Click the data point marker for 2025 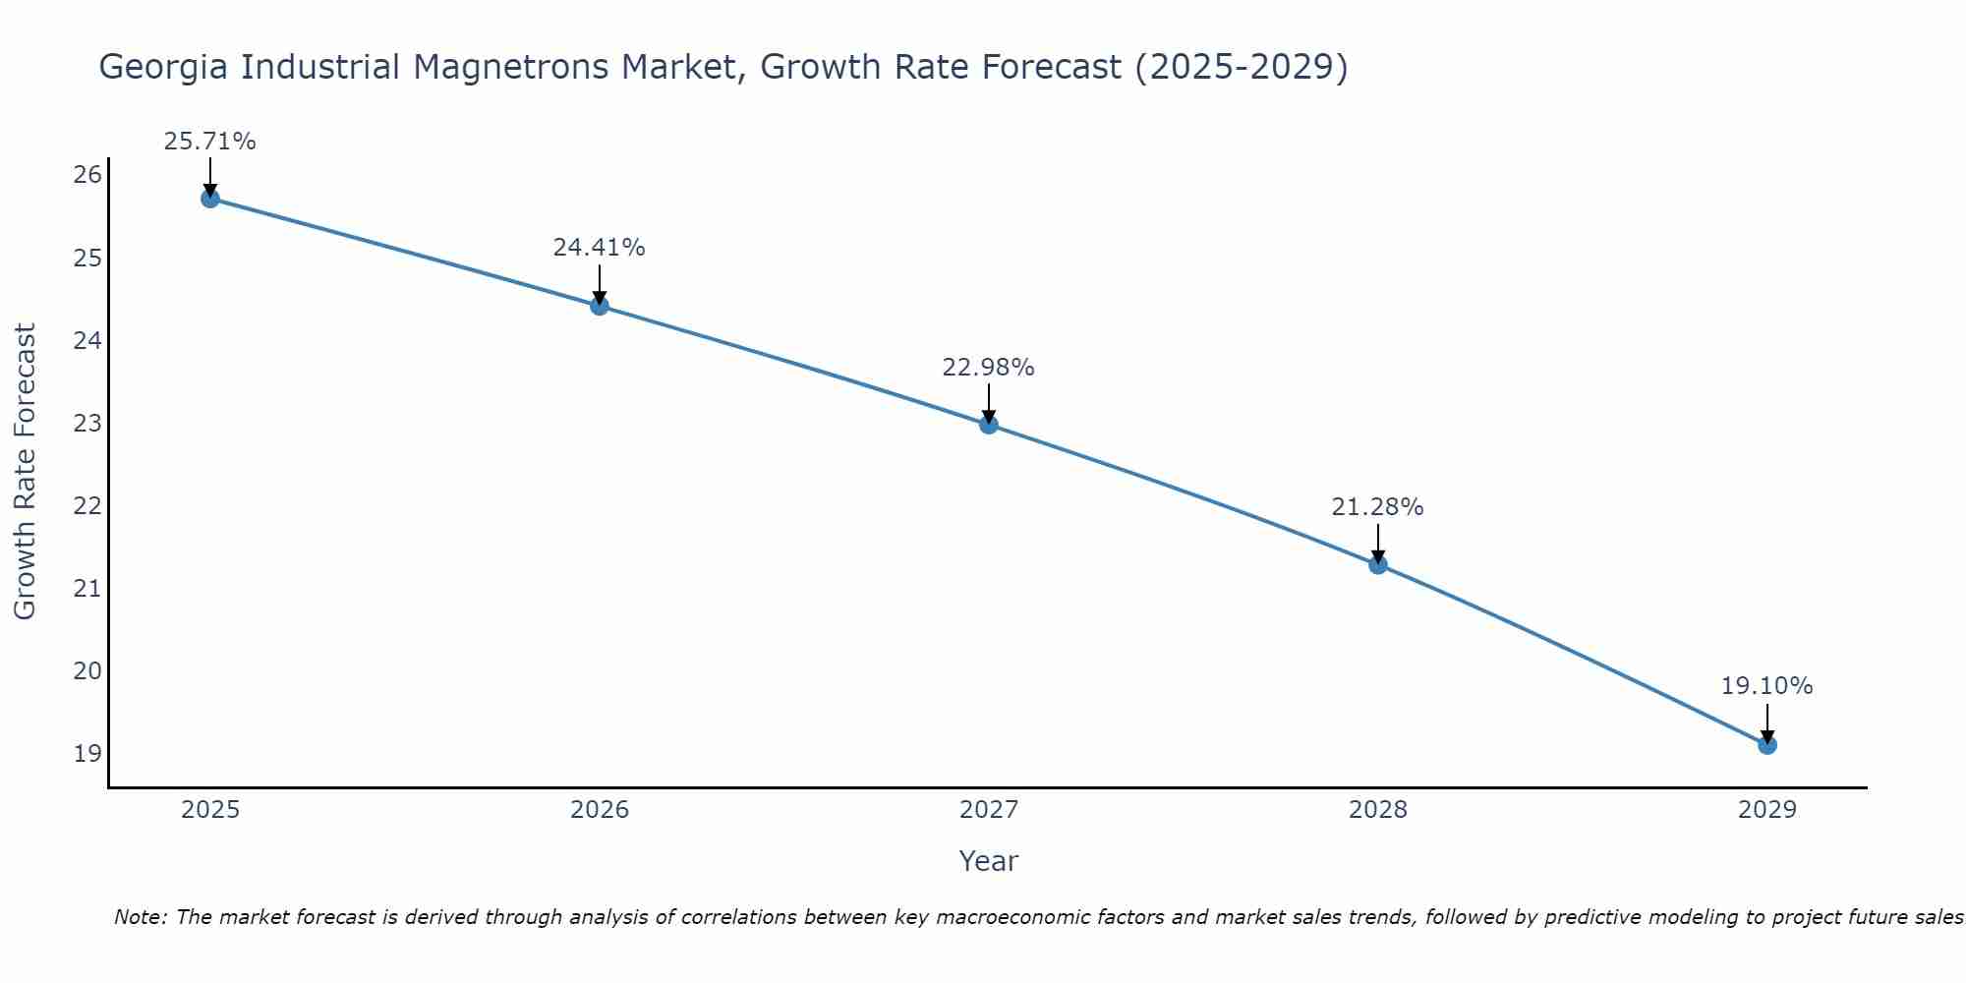tap(209, 199)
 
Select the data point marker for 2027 tap(989, 425)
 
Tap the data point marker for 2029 tap(1767, 745)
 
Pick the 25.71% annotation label tap(209, 142)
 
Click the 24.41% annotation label tap(599, 248)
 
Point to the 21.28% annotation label tap(1377, 507)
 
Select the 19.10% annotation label tap(1766, 686)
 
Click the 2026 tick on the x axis tap(600, 810)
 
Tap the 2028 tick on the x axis tap(1378, 810)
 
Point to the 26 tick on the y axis tap(87, 176)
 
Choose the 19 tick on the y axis tap(87, 754)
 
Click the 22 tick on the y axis tap(87, 506)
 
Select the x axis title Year tap(988, 861)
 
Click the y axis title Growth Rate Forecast tap(26, 472)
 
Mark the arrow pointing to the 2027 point tap(989, 403)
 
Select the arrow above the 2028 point tap(1378, 544)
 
